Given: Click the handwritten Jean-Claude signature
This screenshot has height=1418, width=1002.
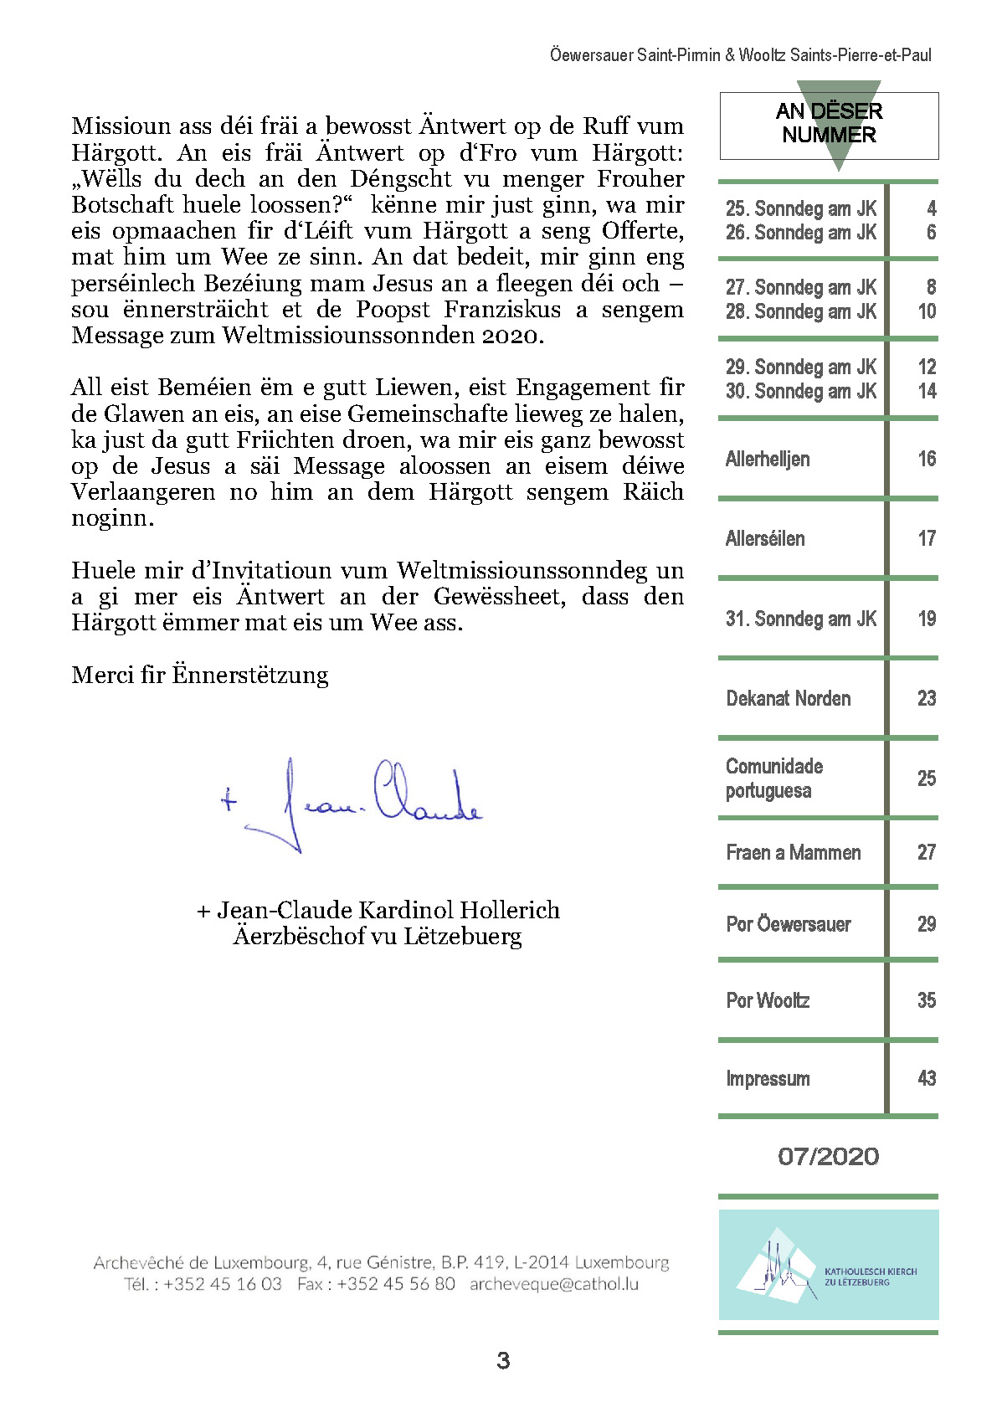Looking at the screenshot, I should pyautogui.click(x=352, y=804).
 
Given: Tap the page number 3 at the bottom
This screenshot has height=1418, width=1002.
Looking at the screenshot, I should pyautogui.click(x=503, y=1360).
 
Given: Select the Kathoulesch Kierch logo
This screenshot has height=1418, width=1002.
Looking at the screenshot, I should pyautogui.click(x=828, y=1265).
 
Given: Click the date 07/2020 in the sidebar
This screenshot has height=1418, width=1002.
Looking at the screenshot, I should pyautogui.click(x=828, y=1157).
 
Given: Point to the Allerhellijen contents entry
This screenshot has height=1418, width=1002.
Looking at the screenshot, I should pyautogui.click(x=768, y=459).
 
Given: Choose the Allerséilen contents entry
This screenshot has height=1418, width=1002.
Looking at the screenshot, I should pyautogui.click(x=765, y=538).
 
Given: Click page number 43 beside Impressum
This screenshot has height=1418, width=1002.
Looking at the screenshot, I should pyautogui.click(x=926, y=1078).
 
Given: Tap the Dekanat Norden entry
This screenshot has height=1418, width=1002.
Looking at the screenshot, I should pyautogui.click(x=788, y=698).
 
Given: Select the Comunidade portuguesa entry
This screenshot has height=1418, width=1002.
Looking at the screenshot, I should pyautogui.click(x=774, y=778).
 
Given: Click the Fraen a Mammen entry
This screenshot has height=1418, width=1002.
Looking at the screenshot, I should pyautogui.click(x=793, y=852).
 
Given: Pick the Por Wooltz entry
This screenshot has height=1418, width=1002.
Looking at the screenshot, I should pyautogui.click(x=768, y=1000).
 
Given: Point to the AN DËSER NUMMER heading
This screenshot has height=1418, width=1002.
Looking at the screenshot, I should pyautogui.click(x=829, y=123).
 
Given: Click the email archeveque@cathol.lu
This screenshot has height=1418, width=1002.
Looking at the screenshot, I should pyautogui.click(x=553, y=1284).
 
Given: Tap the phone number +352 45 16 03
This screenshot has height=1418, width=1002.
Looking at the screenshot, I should pyautogui.click(x=223, y=1284).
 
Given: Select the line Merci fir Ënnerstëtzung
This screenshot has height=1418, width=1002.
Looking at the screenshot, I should pyautogui.click(x=200, y=675).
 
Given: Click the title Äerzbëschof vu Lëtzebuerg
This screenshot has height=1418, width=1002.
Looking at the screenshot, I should pyautogui.click(x=378, y=936).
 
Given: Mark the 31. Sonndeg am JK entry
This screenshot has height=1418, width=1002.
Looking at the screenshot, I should pyautogui.click(x=800, y=619).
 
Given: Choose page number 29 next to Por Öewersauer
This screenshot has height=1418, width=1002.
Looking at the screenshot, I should pyautogui.click(x=926, y=924).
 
